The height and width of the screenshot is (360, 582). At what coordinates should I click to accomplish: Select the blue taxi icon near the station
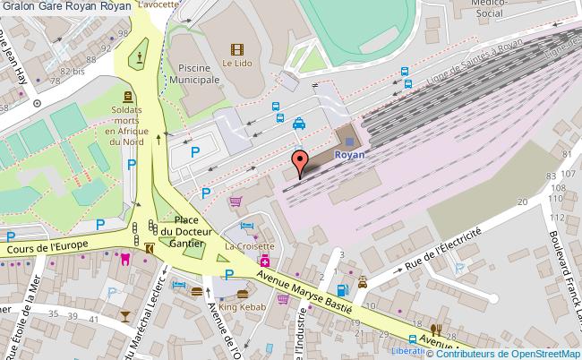[x=298, y=125]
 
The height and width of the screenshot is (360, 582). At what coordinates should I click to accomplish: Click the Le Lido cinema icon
[x=236, y=51]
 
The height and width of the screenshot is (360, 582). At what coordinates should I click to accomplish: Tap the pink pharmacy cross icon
[x=266, y=261]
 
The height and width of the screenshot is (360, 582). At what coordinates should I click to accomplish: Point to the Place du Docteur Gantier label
[x=186, y=231]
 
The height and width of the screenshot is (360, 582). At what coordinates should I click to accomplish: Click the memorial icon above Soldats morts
[x=128, y=97]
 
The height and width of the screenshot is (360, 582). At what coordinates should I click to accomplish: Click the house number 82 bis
[x=72, y=70]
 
